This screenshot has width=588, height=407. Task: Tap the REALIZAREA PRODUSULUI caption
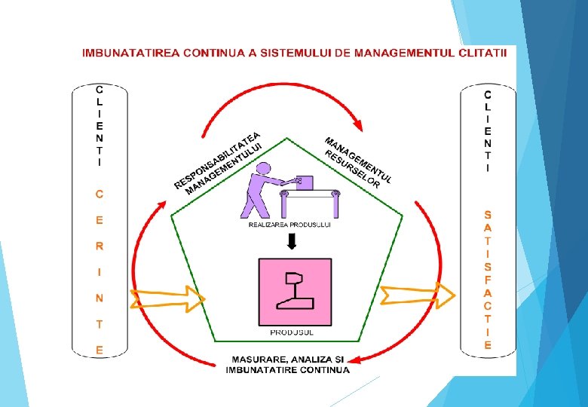click(x=289, y=224)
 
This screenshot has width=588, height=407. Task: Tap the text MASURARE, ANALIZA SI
click(x=287, y=360)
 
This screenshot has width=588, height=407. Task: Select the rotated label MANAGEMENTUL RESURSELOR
click(x=357, y=161)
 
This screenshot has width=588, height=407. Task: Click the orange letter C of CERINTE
click(x=99, y=194)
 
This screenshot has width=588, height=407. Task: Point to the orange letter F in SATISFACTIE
click(x=488, y=279)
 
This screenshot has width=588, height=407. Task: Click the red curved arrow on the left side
click(x=143, y=256)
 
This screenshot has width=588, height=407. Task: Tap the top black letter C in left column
click(x=99, y=88)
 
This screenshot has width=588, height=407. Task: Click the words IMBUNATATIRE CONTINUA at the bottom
click(x=287, y=370)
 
